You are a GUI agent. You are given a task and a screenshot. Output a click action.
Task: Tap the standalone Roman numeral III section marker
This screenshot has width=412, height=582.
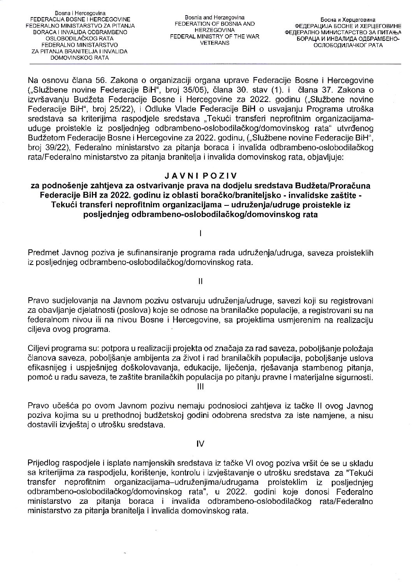(200, 386)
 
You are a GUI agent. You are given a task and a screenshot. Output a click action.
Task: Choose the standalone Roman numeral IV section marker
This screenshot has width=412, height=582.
(200, 443)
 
